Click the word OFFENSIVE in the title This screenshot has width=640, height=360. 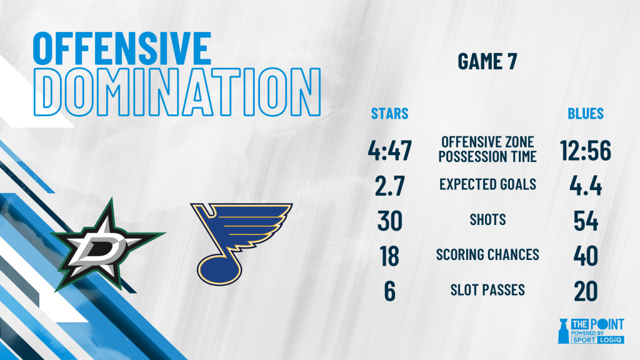pos(122,48)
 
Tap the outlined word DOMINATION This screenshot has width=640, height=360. pos(177,92)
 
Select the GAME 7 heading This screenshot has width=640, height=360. pos(487,62)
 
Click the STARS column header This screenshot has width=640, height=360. pos(389,114)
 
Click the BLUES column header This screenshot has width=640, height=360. pos(585,114)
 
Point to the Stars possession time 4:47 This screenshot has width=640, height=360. pos(389,150)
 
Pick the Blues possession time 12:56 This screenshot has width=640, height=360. pos(585,150)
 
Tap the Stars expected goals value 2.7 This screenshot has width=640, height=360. pos(389,186)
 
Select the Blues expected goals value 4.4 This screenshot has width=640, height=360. pos(585,186)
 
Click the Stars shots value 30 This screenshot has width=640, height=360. pos(389,221)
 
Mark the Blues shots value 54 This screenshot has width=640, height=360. pos(585,221)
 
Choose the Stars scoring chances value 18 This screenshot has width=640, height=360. pos(389,256)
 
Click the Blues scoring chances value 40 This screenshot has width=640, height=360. pos(585,256)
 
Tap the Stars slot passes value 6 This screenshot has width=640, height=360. pos(389,291)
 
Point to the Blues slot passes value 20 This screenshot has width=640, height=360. pos(585,291)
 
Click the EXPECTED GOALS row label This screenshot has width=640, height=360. pos(487,184)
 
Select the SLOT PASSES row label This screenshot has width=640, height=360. pos(487,290)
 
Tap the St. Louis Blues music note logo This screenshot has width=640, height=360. pos(241,244)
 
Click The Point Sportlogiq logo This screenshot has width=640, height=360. pos(591,331)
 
